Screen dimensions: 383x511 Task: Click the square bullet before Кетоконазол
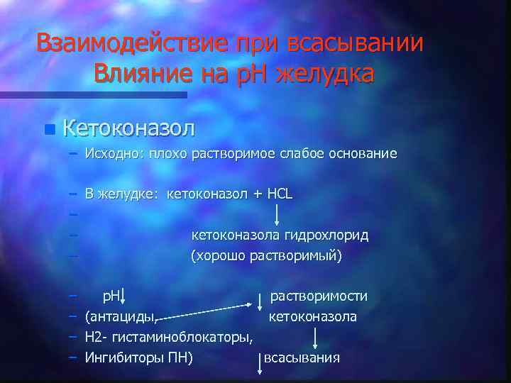tap(48, 129)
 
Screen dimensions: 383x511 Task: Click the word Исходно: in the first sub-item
tap(114, 153)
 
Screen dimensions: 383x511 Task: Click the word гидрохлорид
tap(329, 235)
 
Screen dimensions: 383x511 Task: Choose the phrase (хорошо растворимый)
tap(267, 255)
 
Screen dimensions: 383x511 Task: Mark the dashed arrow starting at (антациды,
tap(206, 311)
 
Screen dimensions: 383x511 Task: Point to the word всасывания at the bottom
tap(302, 357)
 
